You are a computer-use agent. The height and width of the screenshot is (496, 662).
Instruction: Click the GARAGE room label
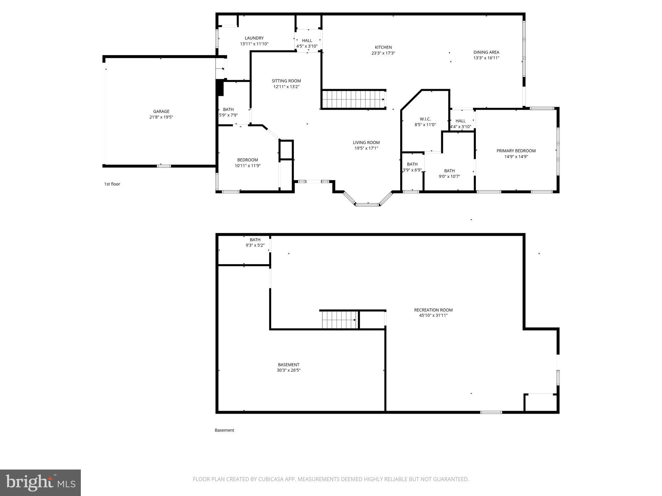(161, 111)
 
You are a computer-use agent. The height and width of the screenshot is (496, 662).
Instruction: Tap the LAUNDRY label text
(254, 38)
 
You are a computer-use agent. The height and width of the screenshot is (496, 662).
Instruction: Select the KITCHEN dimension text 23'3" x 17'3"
(383, 53)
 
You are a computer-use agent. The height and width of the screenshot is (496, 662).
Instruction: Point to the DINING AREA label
(486, 52)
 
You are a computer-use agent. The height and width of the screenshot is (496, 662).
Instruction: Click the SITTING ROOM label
(286, 81)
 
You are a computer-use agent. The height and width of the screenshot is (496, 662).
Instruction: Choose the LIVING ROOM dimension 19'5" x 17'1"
(366, 148)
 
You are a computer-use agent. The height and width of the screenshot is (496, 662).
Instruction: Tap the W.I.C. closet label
(425, 119)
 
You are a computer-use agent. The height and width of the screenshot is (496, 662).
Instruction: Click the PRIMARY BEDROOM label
(516, 151)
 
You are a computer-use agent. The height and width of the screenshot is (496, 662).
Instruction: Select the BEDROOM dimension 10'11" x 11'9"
(248, 166)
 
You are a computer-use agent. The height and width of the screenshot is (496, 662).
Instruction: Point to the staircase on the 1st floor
(353, 99)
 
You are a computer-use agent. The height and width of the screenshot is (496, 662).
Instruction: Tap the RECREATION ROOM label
(433, 310)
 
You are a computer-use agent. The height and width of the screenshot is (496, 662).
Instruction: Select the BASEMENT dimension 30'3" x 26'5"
(289, 370)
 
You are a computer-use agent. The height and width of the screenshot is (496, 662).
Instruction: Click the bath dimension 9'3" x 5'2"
(255, 245)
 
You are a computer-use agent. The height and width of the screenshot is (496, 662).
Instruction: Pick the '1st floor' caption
(112, 184)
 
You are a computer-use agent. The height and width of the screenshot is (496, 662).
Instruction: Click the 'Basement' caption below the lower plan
(224, 430)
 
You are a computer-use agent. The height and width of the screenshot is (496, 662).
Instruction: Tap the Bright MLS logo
(40, 482)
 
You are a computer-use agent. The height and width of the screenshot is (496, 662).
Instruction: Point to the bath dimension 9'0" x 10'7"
(449, 177)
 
